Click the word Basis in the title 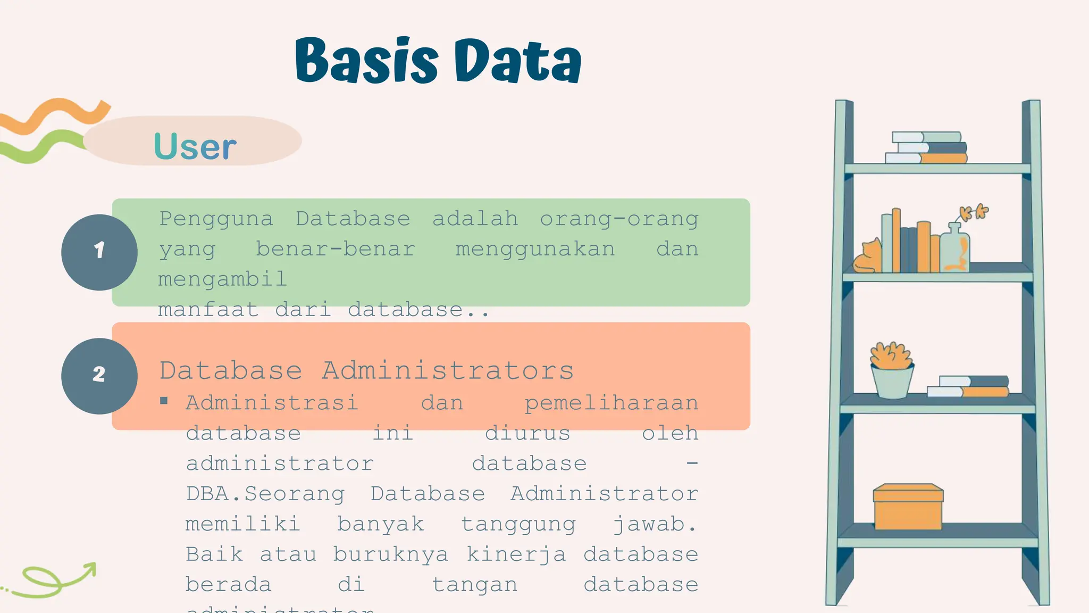(x=366, y=61)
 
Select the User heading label (x=195, y=146)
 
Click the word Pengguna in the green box (x=216, y=219)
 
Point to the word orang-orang (x=619, y=219)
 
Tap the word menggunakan (x=535, y=250)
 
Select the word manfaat (x=208, y=310)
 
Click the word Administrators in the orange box (x=448, y=370)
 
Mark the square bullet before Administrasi (x=164, y=401)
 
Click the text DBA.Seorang (x=265, y=494)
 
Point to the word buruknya (x=391, y=555)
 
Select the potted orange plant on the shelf (x=892, y=370)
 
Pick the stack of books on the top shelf (x=926, y=147)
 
